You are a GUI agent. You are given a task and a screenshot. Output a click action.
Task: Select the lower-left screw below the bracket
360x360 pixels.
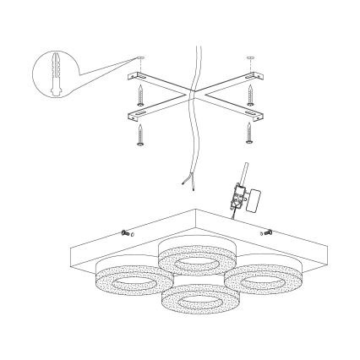click(140, 135)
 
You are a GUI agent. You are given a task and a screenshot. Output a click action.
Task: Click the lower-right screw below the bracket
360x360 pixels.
click(248, 134)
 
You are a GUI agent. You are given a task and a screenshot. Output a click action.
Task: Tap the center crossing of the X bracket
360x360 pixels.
click(193, 92)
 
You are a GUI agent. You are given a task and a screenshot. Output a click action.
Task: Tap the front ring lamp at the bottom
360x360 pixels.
click(194, 301)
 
